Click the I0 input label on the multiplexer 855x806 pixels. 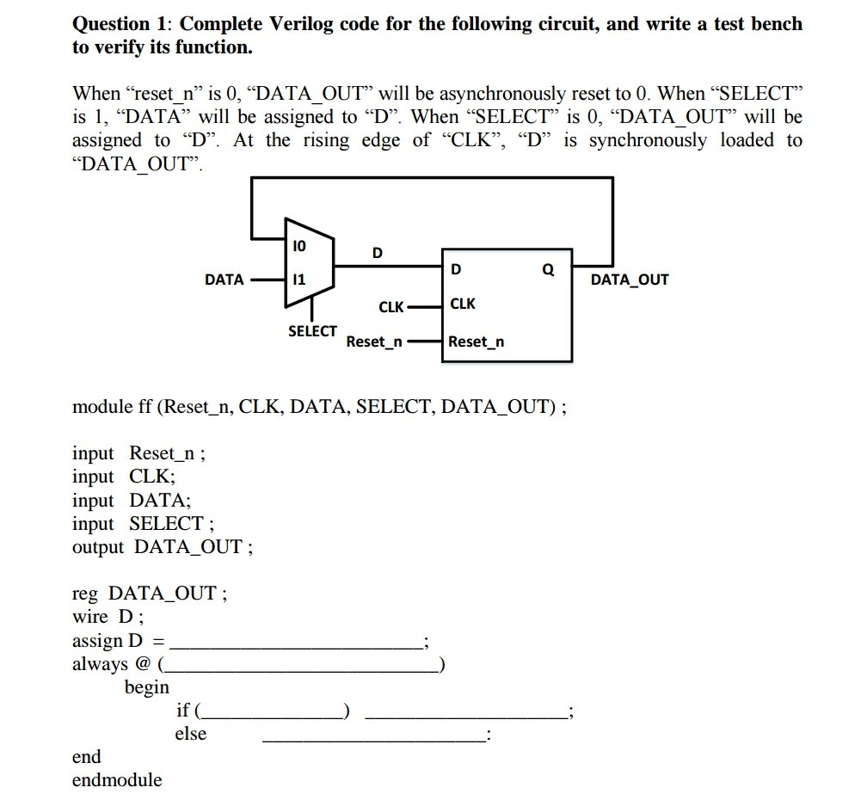pyautogui.click(x=299, y=246)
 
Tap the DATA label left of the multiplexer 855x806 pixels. pyautogui.click(x=224, y=280)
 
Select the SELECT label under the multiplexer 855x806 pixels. pyautogui.click(x=312, y=331)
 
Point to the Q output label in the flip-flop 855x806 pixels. pyautogui.click(x=548, y=269)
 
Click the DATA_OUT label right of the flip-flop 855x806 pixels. pyautogui.click(x=629, y=280)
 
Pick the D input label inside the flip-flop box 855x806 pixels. pyautogui.click(x=456, y=269)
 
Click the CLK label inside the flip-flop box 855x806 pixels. pyautogui.click(x=463, y=304)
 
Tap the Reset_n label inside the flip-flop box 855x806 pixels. pyautogui.click(x=476, y=341)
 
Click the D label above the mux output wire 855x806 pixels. pyautogui.click(x=377, y=253)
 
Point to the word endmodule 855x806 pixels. pyautogui.click(x=117, y=780)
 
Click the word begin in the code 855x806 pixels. pyautogui.click(x=147, y=687)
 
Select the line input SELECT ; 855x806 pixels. pyautogui.click(x=144, y=523)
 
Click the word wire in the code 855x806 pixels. pyautogui.click(x=91, y=617)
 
